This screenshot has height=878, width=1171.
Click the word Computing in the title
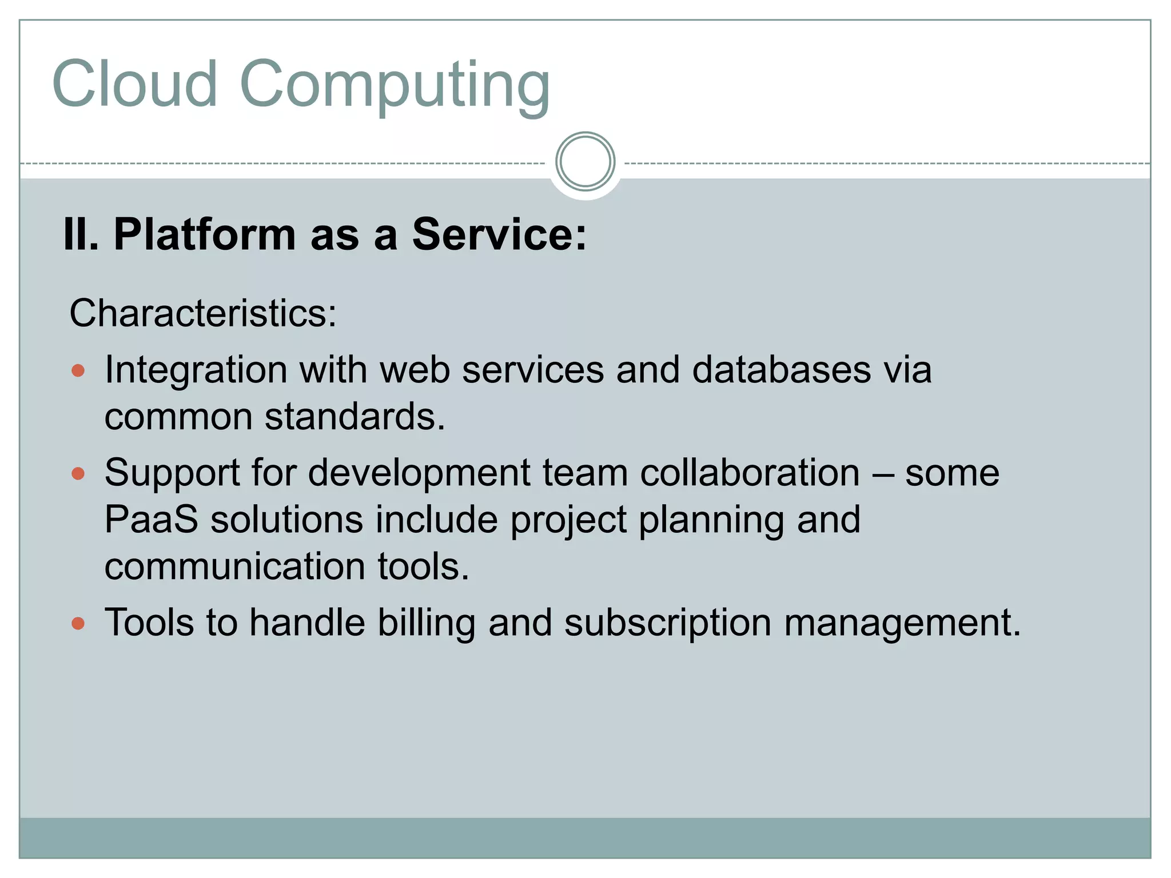[x=395, y=86]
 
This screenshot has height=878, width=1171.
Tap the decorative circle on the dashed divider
[x=585, y=162]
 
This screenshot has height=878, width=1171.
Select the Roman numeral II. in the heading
[x=81, y=234]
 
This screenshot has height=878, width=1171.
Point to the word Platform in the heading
[x=204, y=234]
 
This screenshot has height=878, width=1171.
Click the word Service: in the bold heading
[x=499, y=234]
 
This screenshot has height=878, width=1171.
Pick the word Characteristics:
[x=203, y=313]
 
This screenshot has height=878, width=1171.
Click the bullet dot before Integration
[x=78, y=371]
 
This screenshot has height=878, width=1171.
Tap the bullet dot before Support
[x=78, y=473]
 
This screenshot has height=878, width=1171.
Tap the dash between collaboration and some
[x=882, y=474]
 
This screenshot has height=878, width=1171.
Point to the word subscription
[x=668, y=623]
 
